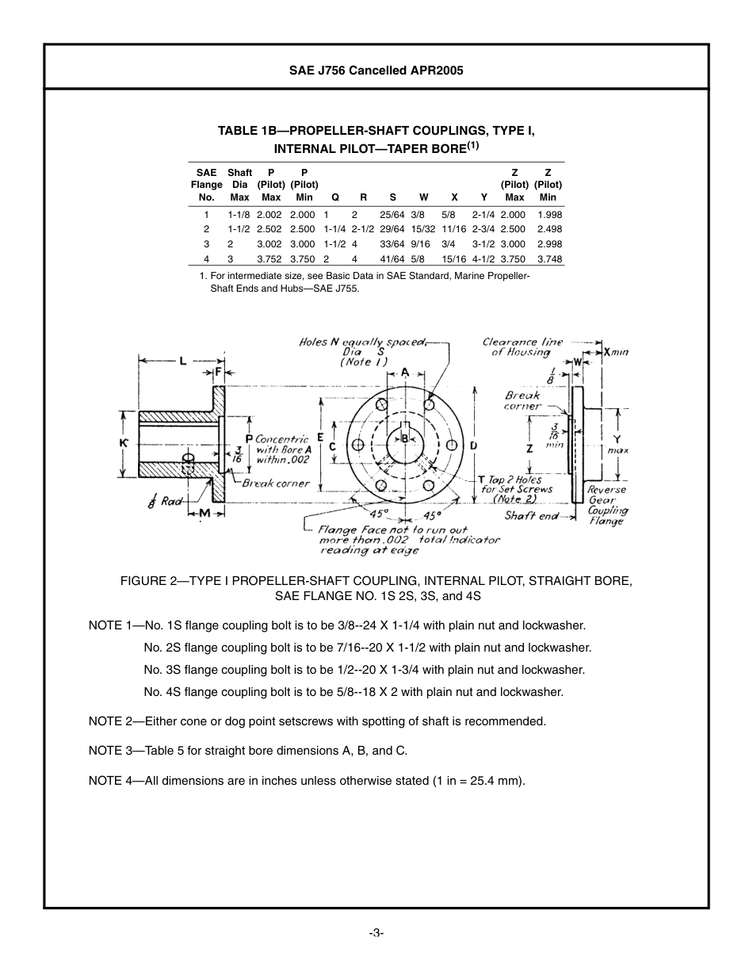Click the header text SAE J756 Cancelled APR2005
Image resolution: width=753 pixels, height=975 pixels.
point(376,70)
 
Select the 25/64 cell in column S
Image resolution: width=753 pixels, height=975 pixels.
point(392,215)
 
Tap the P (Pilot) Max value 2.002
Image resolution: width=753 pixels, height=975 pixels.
point(269,215)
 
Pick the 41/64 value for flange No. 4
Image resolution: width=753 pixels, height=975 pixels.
point(392,259)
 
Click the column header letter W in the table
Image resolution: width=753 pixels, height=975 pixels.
point(423,197)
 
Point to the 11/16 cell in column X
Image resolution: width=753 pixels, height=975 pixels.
point(454,229)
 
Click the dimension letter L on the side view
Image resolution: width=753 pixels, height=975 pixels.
point(183,361)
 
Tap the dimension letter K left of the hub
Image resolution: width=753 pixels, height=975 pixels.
point(124,443)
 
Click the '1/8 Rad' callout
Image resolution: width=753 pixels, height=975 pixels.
point(164,501)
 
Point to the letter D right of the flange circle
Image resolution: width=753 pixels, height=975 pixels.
point(473,445)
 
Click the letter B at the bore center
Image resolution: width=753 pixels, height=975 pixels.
point(404,438)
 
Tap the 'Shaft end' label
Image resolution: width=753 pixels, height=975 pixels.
point(531,515)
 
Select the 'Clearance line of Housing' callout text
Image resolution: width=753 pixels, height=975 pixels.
point(522,347)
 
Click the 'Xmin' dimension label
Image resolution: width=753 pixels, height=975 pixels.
point(615,351)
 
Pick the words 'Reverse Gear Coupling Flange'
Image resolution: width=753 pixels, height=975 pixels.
point(606,505)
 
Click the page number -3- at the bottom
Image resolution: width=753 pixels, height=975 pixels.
point(376,933)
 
